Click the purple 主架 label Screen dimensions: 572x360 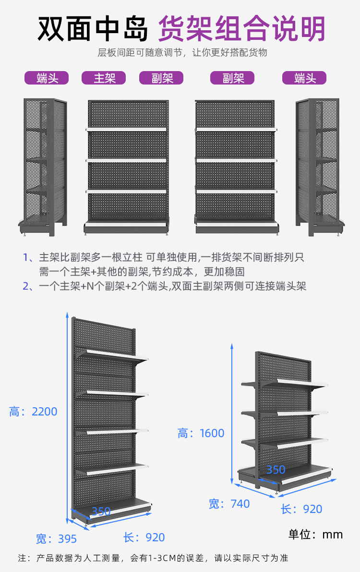click(104, 78)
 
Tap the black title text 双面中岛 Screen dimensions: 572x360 click(93, 28)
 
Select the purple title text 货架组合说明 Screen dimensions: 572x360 click(242, 28)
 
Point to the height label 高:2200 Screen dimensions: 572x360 click(33, 412)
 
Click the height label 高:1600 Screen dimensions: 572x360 click(201, 433)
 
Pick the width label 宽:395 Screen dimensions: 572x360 click(56, 539)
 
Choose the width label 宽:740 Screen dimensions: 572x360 click(229, 504)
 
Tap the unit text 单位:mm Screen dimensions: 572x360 click(315, 535)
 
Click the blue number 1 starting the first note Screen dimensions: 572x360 click(26, 257)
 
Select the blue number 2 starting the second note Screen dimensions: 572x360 click(26, 287)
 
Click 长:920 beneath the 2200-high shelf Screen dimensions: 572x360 click(144, 537)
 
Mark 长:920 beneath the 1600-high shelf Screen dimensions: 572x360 click(301, 509)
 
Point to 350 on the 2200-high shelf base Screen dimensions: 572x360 click(101, 511)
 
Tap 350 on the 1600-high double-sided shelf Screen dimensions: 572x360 click(276, 470)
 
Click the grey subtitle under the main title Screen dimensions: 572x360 click(182, 53)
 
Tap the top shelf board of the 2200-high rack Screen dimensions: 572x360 click(113, 356)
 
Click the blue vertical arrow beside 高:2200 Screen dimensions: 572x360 click(67, 418)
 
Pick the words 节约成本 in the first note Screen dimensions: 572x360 click(177, 272)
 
